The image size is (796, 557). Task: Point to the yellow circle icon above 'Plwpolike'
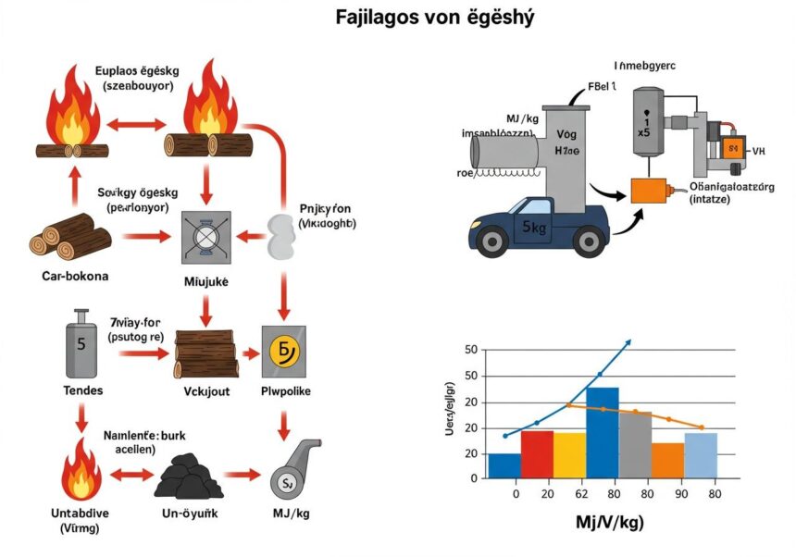click(x=281, y=353)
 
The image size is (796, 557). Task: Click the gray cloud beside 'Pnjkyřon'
click(x=280, y=237)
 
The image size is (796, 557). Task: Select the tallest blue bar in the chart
click(x=602, y=432)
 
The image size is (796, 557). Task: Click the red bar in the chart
click(x=537, y=454)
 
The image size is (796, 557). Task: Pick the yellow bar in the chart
click(x=569, y=455)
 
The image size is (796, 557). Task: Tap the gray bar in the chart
click(x=635, y=444)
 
